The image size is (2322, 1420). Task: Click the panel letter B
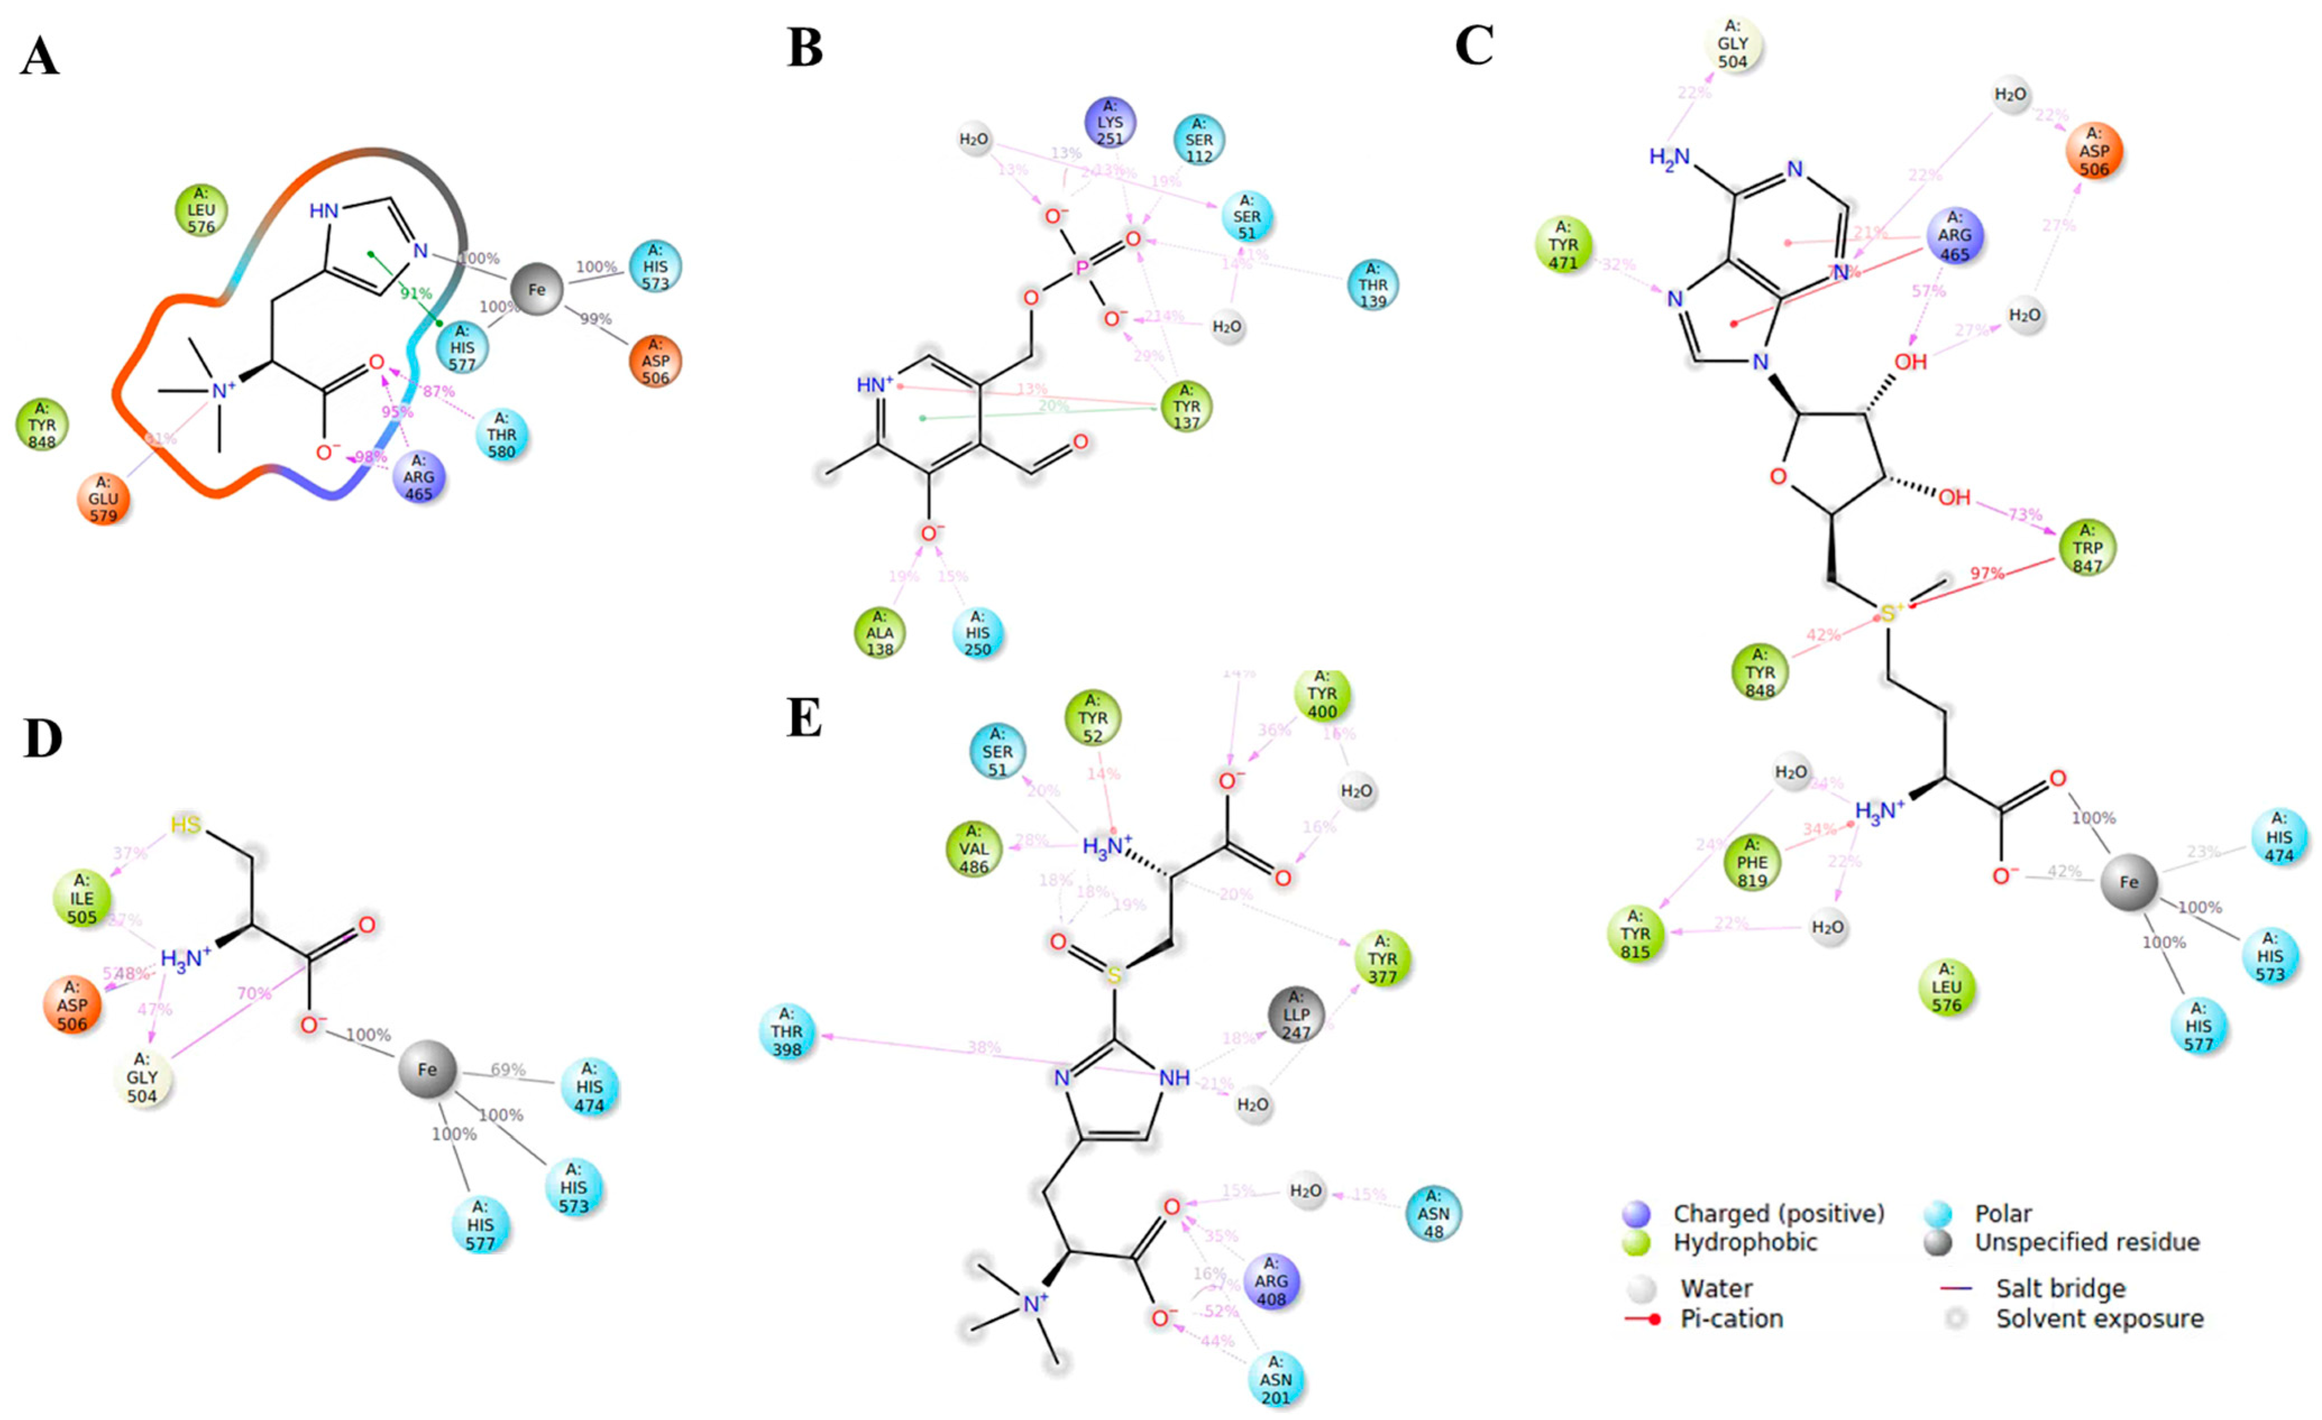pyautogui.click(x=804, y=49)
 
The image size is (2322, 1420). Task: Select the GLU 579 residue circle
pyautogui.click(x=104, y=499)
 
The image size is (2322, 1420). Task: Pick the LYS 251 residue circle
pyautogui.click(x=1109, y=123)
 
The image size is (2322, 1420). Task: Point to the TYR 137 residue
pyautogui.click(x=1186, y=406)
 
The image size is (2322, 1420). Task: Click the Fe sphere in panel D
pyautogui.click(x=427, y=1069)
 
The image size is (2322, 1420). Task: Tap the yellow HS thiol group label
pyautogui.click(x=186, y=825)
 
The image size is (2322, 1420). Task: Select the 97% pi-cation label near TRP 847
pyautogui.click(x=1986, y=573)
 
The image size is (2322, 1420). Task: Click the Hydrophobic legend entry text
pyautogui.click(x=1745, y=1242)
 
